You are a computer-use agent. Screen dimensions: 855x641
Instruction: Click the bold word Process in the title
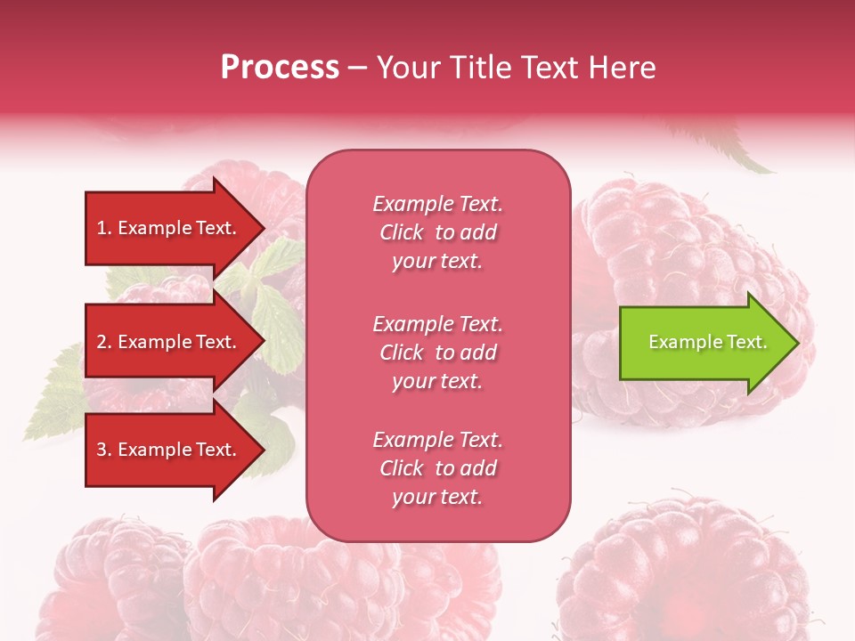280,67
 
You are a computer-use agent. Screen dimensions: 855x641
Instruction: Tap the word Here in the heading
622,67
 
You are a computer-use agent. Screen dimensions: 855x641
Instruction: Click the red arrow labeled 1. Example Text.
175,228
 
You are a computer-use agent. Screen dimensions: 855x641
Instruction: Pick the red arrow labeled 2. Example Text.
175,341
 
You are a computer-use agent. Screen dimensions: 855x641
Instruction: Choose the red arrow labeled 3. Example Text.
175,449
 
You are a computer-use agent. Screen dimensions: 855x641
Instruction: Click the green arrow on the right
709,343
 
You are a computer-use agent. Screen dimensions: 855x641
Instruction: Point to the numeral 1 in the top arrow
102,228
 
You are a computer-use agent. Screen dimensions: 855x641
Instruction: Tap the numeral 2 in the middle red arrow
102,342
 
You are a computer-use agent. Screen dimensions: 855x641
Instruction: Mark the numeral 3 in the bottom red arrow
102,449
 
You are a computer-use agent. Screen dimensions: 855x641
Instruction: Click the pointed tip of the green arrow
800,343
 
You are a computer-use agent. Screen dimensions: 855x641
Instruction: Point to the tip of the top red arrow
265,228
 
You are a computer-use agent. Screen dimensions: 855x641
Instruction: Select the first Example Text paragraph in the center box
438,232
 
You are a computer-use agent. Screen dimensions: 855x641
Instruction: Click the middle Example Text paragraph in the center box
438,353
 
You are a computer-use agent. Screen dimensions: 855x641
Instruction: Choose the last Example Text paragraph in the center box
438,468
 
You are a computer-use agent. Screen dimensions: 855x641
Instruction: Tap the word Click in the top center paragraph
402,232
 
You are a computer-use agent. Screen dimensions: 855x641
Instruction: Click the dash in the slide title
357,69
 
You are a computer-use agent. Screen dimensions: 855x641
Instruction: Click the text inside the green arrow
708,342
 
